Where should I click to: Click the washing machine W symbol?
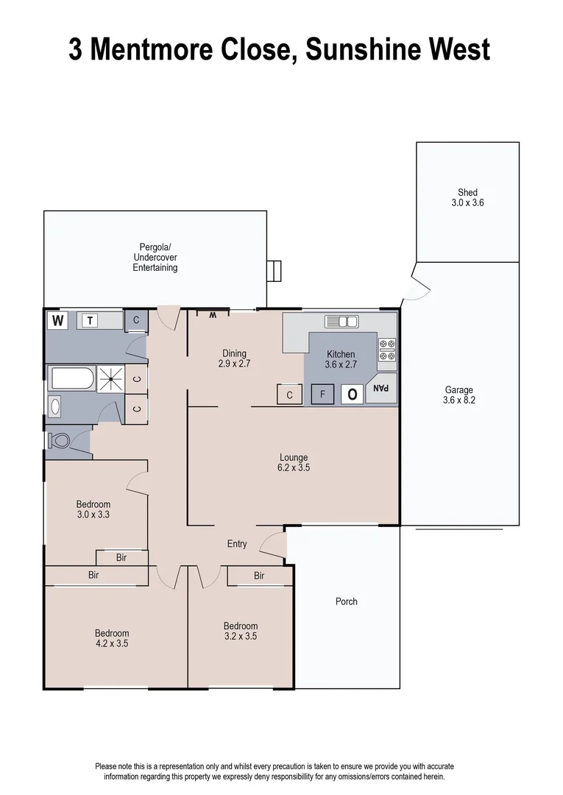[x=57, y=320]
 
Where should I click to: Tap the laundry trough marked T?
[x=90, y=320]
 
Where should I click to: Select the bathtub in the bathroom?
[x=72, y=380]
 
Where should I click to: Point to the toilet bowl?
[x=59, y=441]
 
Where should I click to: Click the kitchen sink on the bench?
[x=341, y=321]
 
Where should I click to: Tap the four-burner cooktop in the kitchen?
[x=387, y=350]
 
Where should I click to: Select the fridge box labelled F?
[x=322, y=395]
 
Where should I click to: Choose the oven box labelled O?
[x=352, y=395]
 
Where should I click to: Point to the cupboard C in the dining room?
[x=290, y=395]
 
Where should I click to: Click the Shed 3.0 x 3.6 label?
[x=467, y=197]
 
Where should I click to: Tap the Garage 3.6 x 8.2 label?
[x=458, y=395]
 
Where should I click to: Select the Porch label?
[x=346, y=601]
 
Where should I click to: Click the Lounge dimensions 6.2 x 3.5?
[x=293, y=467]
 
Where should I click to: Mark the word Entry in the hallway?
[x=237, y=544]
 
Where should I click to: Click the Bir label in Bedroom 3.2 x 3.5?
[x=259, y=576]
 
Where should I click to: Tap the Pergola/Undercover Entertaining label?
[x=155, y=257]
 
